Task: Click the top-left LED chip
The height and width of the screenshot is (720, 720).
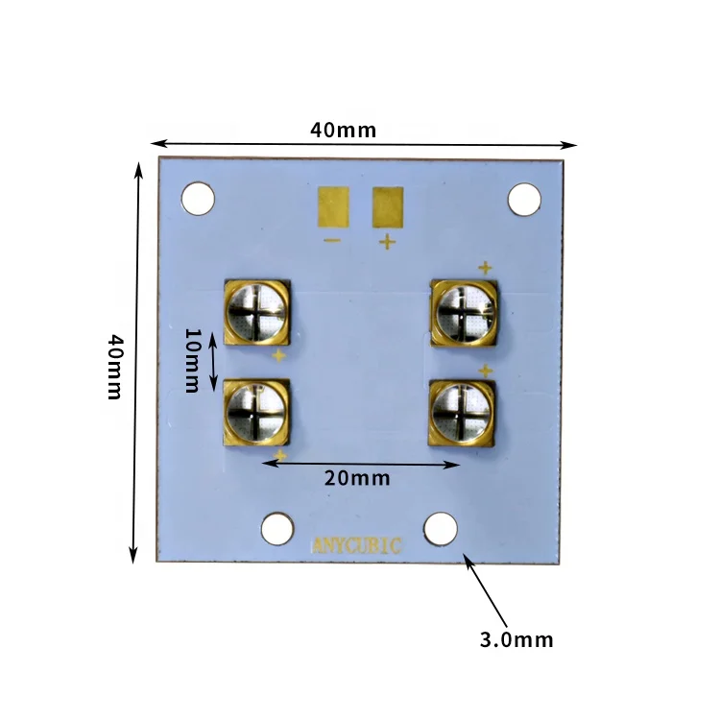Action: [x=256, y=313]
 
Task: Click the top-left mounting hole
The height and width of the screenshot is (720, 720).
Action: [x=198, y=199]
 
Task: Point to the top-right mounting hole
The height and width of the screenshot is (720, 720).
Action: [x=524, y=199]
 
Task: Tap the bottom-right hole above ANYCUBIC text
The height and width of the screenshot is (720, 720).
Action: [x=441, y=527]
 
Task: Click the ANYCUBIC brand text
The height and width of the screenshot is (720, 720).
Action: [x=358, y=545]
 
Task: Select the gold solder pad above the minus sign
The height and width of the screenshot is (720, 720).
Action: [x=333, y=205]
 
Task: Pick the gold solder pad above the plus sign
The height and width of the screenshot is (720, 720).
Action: [x=388, y=205]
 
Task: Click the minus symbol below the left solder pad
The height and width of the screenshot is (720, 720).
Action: [x=332, y=240]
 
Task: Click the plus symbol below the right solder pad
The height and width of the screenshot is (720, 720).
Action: [x=387, y=241]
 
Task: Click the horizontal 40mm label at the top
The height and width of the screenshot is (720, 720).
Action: [x=344, y=130]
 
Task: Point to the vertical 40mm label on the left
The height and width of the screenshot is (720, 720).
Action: [x=113, y=367]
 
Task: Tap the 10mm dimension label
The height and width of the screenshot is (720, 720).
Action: [x=191, y=360]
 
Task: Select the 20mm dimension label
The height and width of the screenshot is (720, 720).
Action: [x=357, y=478]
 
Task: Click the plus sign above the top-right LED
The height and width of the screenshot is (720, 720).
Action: [x=485, y=268]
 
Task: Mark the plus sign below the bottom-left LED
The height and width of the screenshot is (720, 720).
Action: [x=280, y=455]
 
